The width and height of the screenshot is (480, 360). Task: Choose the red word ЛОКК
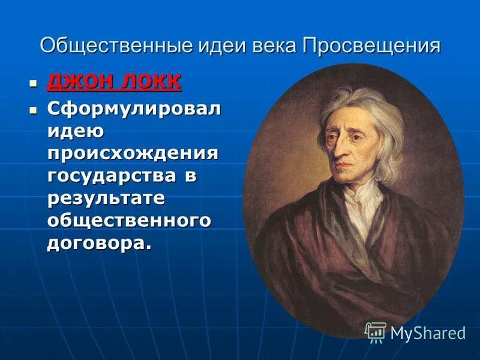(x=150, y=82)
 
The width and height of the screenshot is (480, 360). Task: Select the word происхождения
(x=133, y=153)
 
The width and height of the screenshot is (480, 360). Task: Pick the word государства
(x=112, y=176)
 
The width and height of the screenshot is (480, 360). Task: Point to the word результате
(x=106, y=198)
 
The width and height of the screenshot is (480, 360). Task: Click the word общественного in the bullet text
(x=129, y=220)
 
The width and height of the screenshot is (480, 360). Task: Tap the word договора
(x=96, y=243)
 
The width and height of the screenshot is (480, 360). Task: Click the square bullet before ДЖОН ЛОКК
(x=34, y=82)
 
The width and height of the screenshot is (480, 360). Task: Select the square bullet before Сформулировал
(x=34, y=110)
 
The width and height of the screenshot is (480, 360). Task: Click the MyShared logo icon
(x=376, y=332)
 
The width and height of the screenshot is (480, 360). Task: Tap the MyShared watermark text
(x=428, y=333)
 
